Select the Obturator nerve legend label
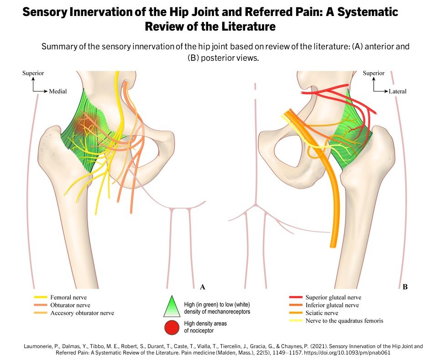[70, 305]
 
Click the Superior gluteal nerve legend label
[333, 297]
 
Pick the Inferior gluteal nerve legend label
[332, 305]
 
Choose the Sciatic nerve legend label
[322, 313]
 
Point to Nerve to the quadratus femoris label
[345, 321]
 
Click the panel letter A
[202, 287]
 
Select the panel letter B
[405, 287]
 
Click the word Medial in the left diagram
[58, 91]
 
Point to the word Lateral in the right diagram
[398, 91]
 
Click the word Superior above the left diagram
[33, 73]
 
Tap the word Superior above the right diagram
[374, 73]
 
